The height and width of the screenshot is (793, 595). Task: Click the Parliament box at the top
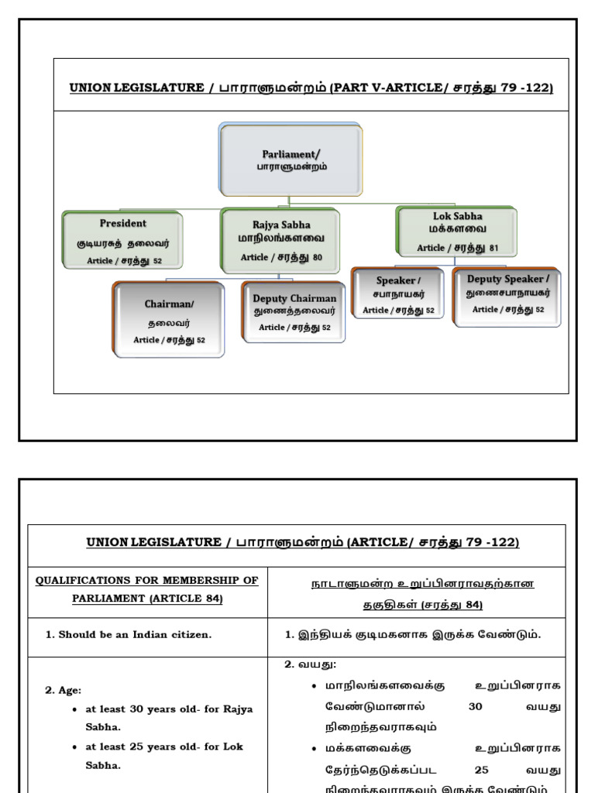(291, 160)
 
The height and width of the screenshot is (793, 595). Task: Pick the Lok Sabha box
(457, 231)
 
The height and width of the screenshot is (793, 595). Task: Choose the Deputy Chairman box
(294, 312)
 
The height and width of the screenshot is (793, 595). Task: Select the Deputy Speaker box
(507, 295)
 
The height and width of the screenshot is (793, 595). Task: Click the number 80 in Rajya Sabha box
(318, 257)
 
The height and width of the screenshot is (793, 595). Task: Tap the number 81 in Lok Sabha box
(494, 248)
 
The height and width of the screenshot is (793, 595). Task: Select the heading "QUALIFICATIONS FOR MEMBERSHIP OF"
(147, 580)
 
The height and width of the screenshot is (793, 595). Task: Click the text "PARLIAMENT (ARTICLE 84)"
(147, 599)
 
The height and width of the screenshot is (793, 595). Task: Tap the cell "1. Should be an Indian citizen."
(129, 634)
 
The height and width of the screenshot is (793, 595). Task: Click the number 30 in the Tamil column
(476, 706)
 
